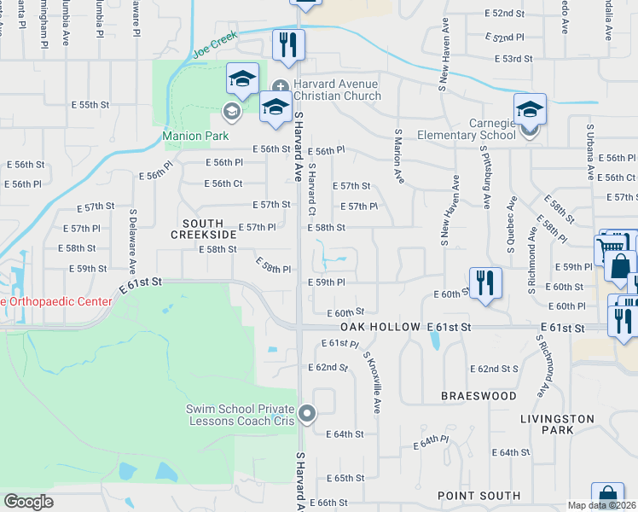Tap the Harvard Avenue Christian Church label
(337, 90)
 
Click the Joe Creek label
(212, 45)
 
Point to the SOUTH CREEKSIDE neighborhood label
(202, 228)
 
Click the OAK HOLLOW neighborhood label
(380, 328)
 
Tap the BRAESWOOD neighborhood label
(478, 396)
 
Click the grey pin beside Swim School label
(308, 415)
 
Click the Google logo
(28, 501)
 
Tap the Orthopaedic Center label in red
(56, 301)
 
